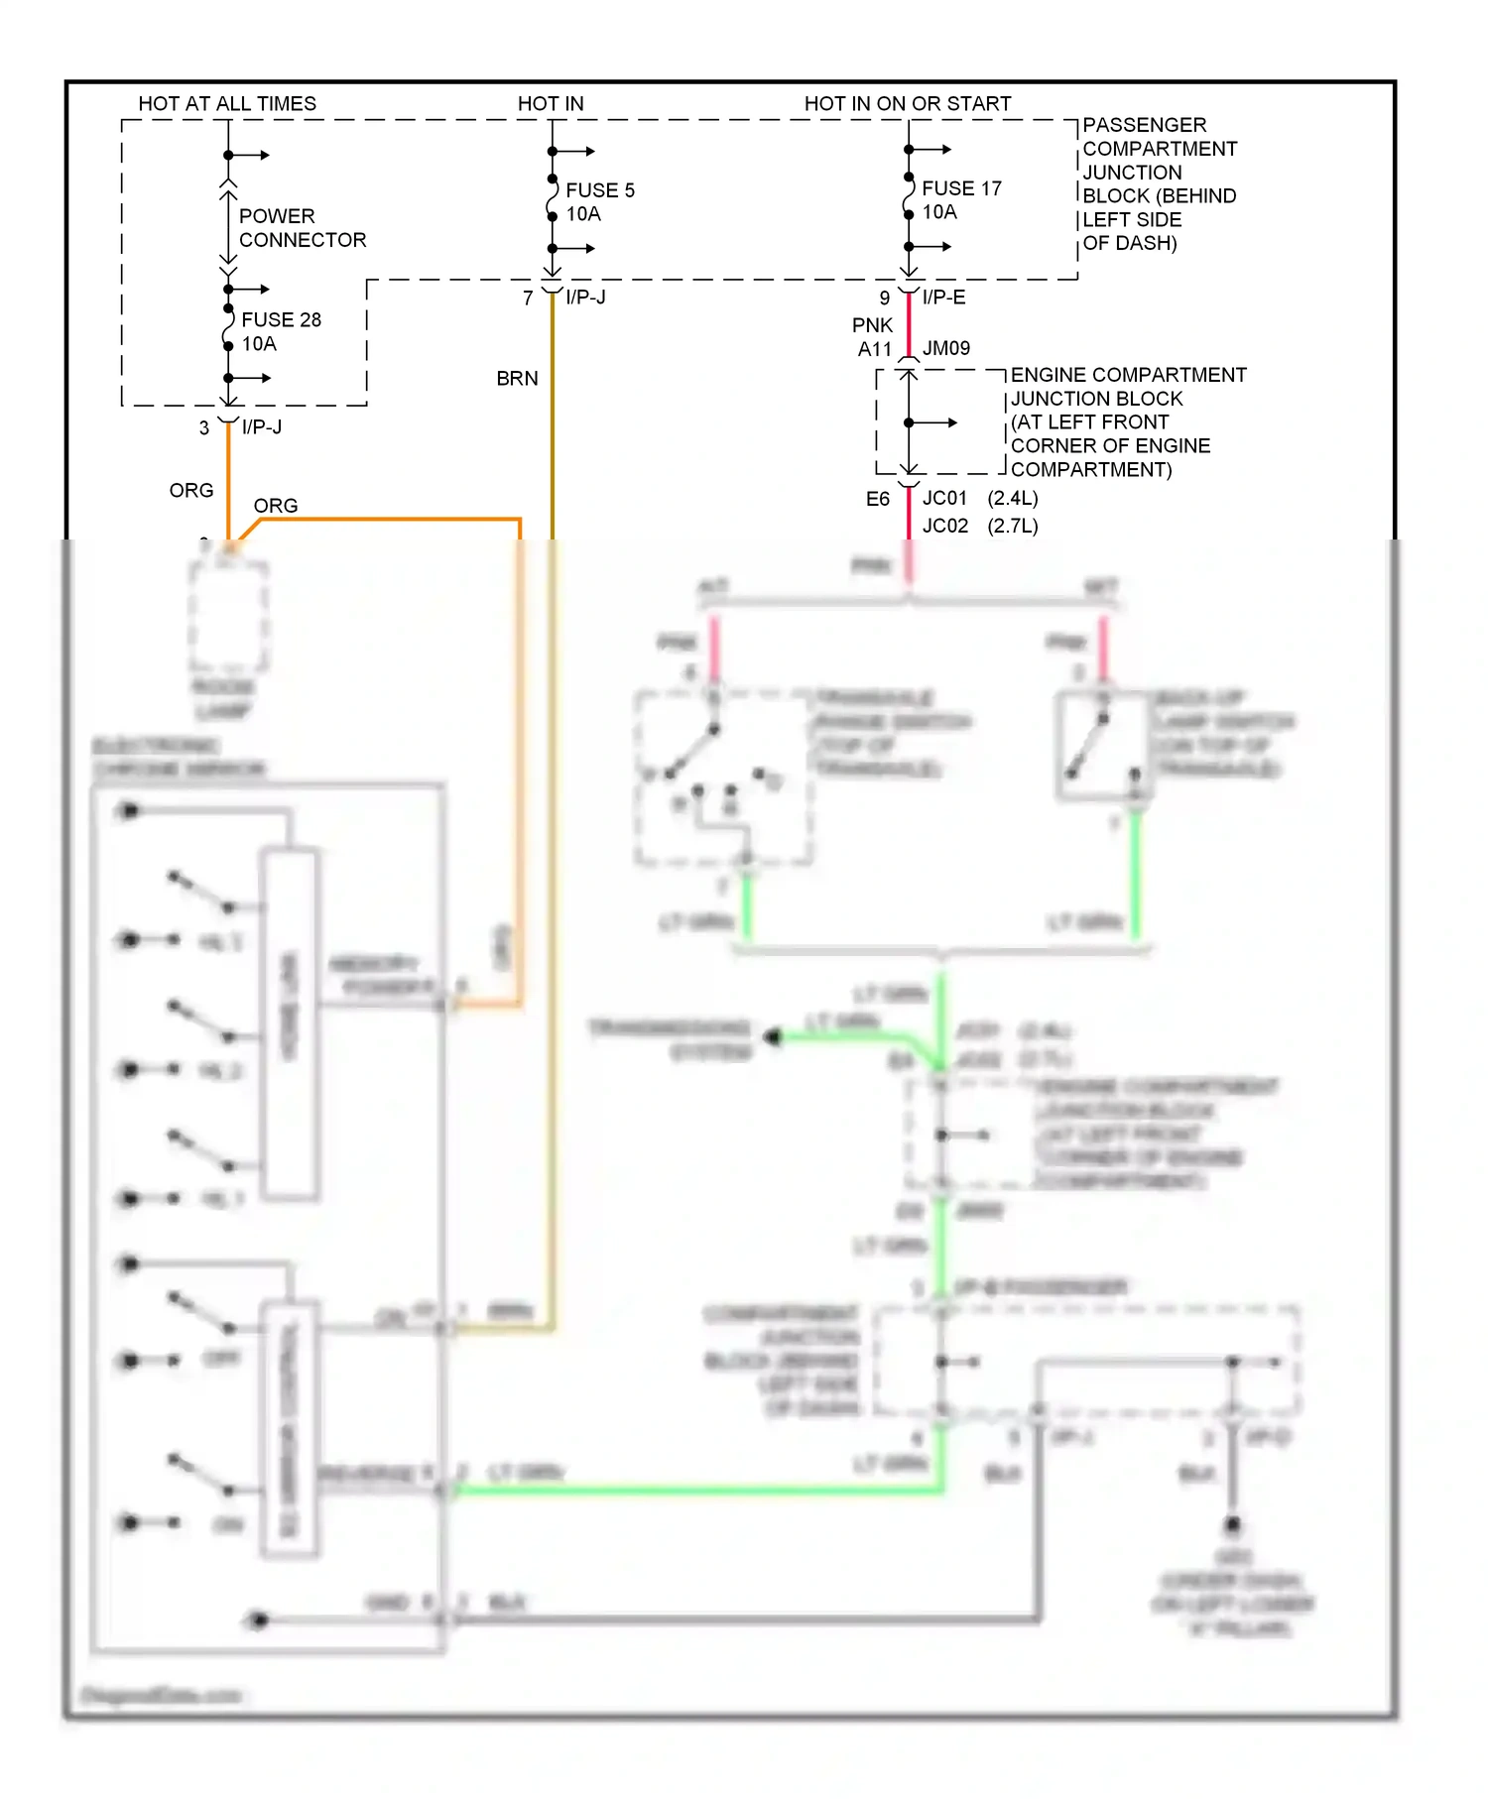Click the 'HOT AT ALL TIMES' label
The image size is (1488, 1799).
click(x=227, y=103)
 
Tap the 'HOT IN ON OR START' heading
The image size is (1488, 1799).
click(x=907, y=103)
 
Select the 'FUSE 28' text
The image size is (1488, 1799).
click(x=281, y=319)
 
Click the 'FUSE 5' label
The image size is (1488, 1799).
click(x=599, y=189)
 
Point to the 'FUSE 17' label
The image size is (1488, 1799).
click(x=961, y=187)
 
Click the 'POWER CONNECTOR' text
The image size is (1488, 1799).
click(x=302, y=228)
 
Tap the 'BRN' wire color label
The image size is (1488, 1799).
click(x=517, y=378)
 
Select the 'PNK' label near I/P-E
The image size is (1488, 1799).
click(x=872, y=325)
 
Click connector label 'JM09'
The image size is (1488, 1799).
click(x=946, y=348)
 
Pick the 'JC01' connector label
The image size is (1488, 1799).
click(x=944, y=498)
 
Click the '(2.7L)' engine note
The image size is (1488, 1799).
click(x=1013, y=526)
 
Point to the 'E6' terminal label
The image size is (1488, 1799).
click(x=878, y=499)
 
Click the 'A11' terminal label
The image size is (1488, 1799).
click(x=875, y=349)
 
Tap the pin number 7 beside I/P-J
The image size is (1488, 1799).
click(x=528, y=298)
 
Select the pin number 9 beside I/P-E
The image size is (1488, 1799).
click(x=885, y=298)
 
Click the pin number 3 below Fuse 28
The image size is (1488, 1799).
click(x=204, y=427)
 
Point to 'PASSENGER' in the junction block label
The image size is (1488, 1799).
click(x=1144, y=125)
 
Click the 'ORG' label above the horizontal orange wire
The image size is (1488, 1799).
click(x=275, y=506)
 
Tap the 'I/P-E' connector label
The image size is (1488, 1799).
click(x=943, y=298)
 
